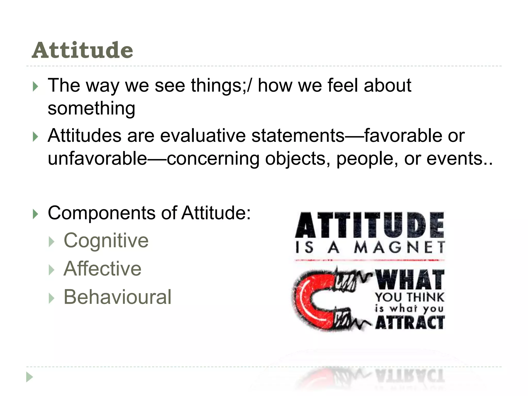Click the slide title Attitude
tap(82, 50)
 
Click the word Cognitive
tap(106, 241)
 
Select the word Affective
tap(102, 269)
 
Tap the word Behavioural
tap(117, 297)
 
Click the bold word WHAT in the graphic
tap(410, 280)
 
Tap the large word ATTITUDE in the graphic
tap(370, 225)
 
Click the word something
tap(91, 108)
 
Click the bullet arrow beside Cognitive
tap(52, 242)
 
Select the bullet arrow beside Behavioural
tap(52, 298)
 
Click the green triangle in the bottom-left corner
tap(30, 377)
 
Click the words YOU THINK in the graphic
tap(410, 297)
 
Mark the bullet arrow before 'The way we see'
tap(36, 86)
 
